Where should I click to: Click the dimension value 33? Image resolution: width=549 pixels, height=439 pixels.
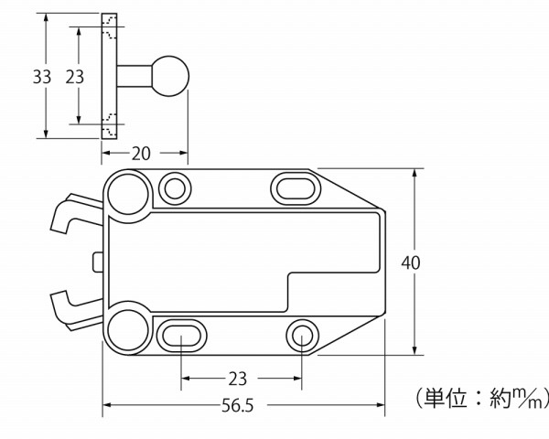[x=42, y=77]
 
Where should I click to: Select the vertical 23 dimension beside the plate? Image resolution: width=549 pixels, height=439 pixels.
[x=75, y=77]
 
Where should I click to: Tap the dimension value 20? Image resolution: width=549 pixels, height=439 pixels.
[x=141, y=154]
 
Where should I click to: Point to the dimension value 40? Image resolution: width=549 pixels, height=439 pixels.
[x=410, y=262]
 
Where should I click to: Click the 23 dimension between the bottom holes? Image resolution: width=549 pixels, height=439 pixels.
[x=237, y=379]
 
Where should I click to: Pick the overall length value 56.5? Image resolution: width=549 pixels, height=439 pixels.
[x=237, y=406]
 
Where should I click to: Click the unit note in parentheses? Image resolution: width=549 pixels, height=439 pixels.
[x=481, y=398]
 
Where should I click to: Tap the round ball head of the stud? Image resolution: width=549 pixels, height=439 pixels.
[x=170, y=76]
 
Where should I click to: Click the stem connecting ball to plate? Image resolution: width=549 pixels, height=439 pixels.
[x=135, y=76]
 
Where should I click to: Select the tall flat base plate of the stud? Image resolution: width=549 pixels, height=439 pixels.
[x=109, y=76]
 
